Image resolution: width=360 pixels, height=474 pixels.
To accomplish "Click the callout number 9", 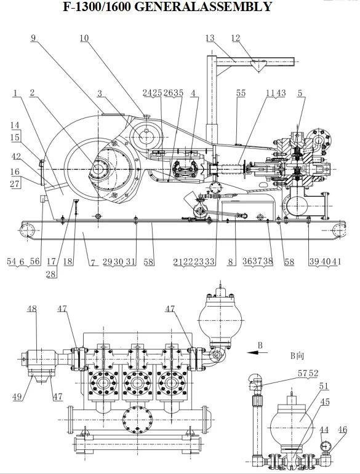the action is pos(33,38).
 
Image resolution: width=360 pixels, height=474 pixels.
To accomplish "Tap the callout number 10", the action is pos(84,38).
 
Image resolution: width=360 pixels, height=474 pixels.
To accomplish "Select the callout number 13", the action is pos(210,38).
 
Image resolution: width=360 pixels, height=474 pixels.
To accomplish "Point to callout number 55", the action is pos(241,93).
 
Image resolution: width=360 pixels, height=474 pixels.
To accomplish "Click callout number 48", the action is pos(32,309).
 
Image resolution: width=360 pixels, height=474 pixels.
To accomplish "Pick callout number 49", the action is pos(17,396).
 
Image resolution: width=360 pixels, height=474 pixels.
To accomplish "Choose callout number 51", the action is pos(324,385).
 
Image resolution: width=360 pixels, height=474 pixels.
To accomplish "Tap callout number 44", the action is pos(324,430).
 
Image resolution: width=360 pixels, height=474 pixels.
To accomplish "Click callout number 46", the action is pos(342,430).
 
